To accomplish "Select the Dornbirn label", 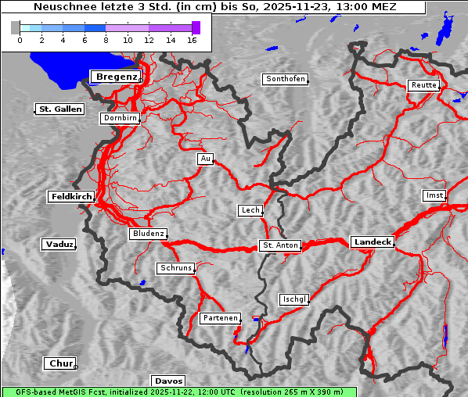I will [x=121, y=119].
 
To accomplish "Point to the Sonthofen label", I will [x=285, y=79].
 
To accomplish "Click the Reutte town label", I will [x=423, y=85].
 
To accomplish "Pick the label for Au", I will [x=205, y=159].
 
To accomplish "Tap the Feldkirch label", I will [x=71, y=197].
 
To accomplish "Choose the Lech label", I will [x=250, y=210].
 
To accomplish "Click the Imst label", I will [x=433, y=195].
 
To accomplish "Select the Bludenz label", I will [x=148, y=234].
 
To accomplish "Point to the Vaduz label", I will [x=59, y=245].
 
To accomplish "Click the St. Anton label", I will [x=280, y=245].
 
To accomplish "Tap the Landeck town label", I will [x=373, y=242].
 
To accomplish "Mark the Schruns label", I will [x=175, y=268].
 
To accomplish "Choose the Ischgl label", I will [x=294, y=299].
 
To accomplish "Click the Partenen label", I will [x=220, y=318].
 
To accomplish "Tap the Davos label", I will [x=168, y=381].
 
